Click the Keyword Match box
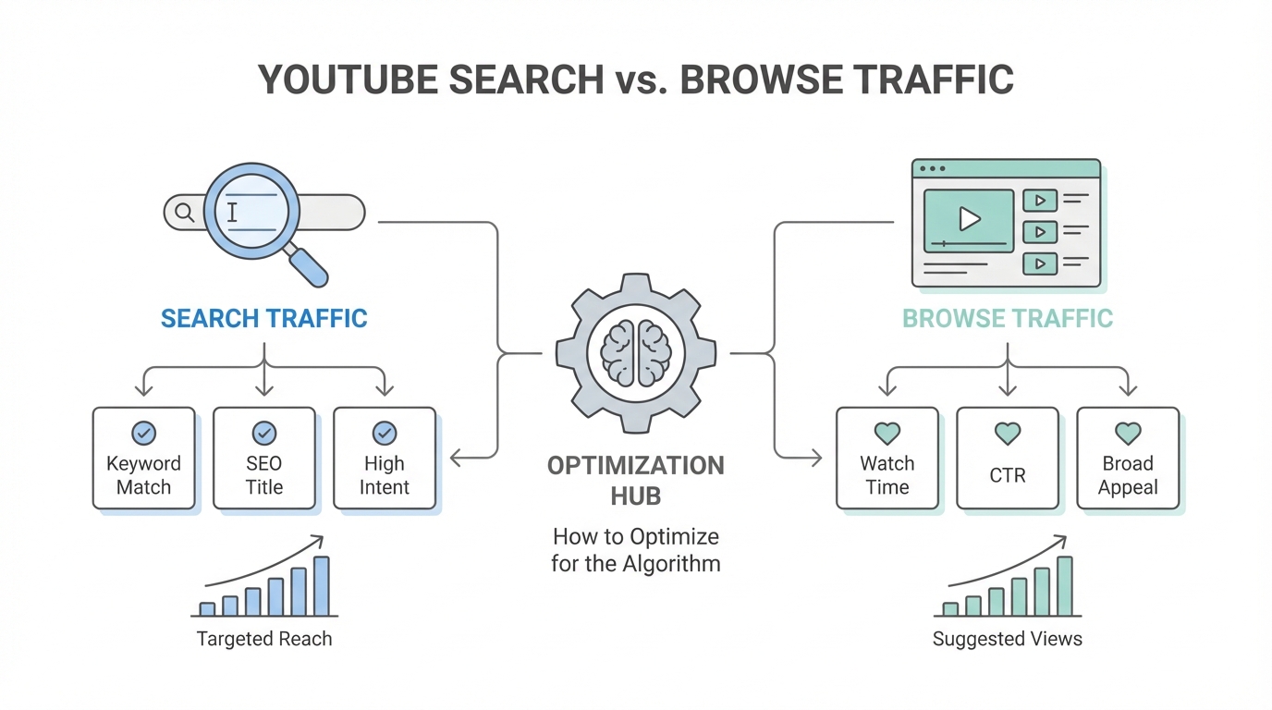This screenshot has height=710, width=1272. (x=143, y=459)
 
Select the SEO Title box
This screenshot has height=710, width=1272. (x=263, y=459)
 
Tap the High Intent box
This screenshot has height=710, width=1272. (x=384, y=459)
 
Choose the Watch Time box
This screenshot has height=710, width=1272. (x=887, y=459)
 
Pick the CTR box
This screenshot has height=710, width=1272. (x=1007, y=459)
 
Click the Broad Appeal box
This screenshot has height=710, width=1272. (x=1128, y=459)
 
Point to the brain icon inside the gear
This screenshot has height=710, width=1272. (x=636, y=352)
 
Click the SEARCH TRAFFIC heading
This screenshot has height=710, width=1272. (x=264, y=319)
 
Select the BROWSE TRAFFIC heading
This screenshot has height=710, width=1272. (x=1007, y=319)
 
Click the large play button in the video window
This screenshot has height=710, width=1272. (x=969, y=219)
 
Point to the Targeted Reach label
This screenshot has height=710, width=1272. (x=264, y=639)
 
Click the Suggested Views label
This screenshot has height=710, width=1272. (x=1007, y=639)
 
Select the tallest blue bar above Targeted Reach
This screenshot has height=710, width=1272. (x=322, y=586)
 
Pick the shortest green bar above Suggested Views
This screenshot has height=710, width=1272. (x=950, y=609)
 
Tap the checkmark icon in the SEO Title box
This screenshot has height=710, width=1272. (x=263, y=433)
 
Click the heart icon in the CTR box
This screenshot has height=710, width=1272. (x=1007, y=433)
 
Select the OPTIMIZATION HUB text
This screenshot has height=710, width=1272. (x=636, y=480)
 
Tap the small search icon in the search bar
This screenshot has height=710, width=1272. (x=184, y=213)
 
